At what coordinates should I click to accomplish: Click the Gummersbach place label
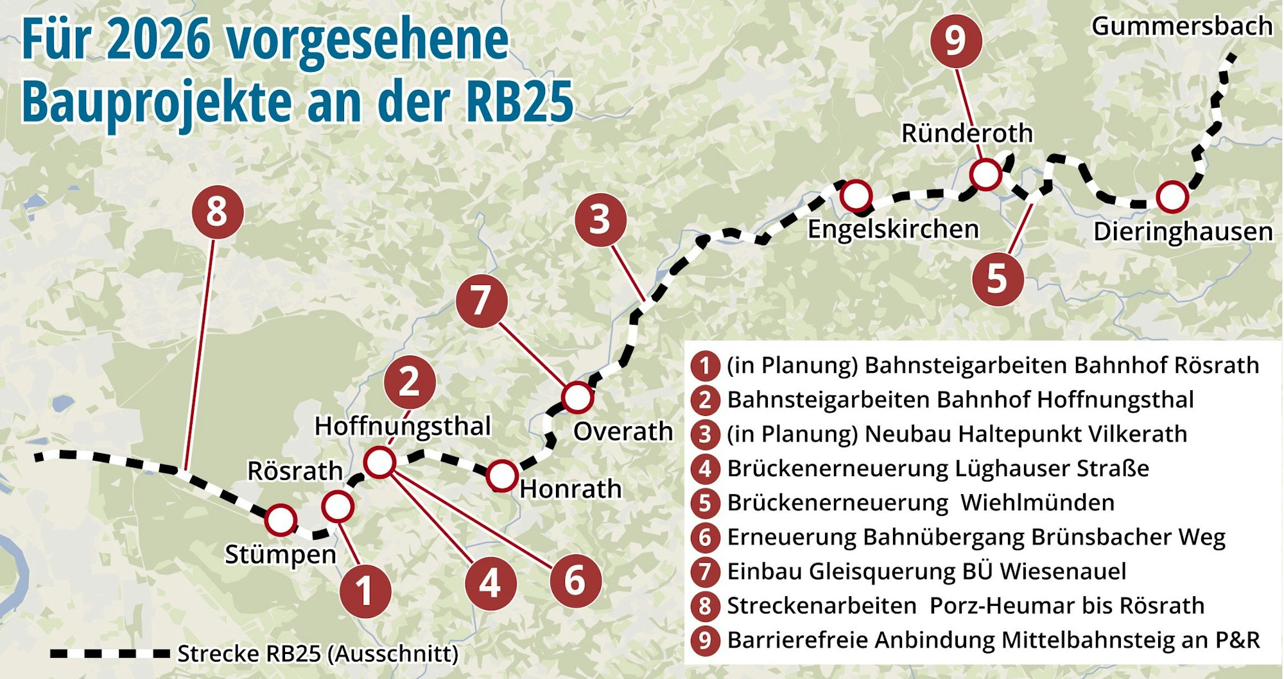click(1181, 26)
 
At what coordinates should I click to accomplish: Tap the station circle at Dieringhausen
click(1172, 197)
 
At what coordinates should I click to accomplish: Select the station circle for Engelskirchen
click(856, 195)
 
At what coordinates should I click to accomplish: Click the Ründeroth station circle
click(985, 174)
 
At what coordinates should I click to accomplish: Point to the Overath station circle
click(577, 397)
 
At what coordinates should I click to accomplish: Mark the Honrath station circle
click(501, 476)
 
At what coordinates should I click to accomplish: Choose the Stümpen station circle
click(281, 520)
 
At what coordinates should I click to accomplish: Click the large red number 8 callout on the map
click(218, 212)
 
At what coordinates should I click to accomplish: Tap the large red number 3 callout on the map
click(600, 219)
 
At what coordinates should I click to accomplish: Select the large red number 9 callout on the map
click(956, 41)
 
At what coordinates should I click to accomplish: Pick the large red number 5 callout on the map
click(997, 279)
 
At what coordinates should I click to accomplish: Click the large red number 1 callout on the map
click(365, 591)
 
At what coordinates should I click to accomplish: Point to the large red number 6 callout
click(575, 581)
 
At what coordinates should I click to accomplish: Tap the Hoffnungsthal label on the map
click(403, 426)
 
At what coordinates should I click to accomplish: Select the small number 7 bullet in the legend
click(705, 571)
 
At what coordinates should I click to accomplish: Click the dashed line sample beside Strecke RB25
click(109, 654)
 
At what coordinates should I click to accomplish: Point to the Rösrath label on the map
click(295, 471)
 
